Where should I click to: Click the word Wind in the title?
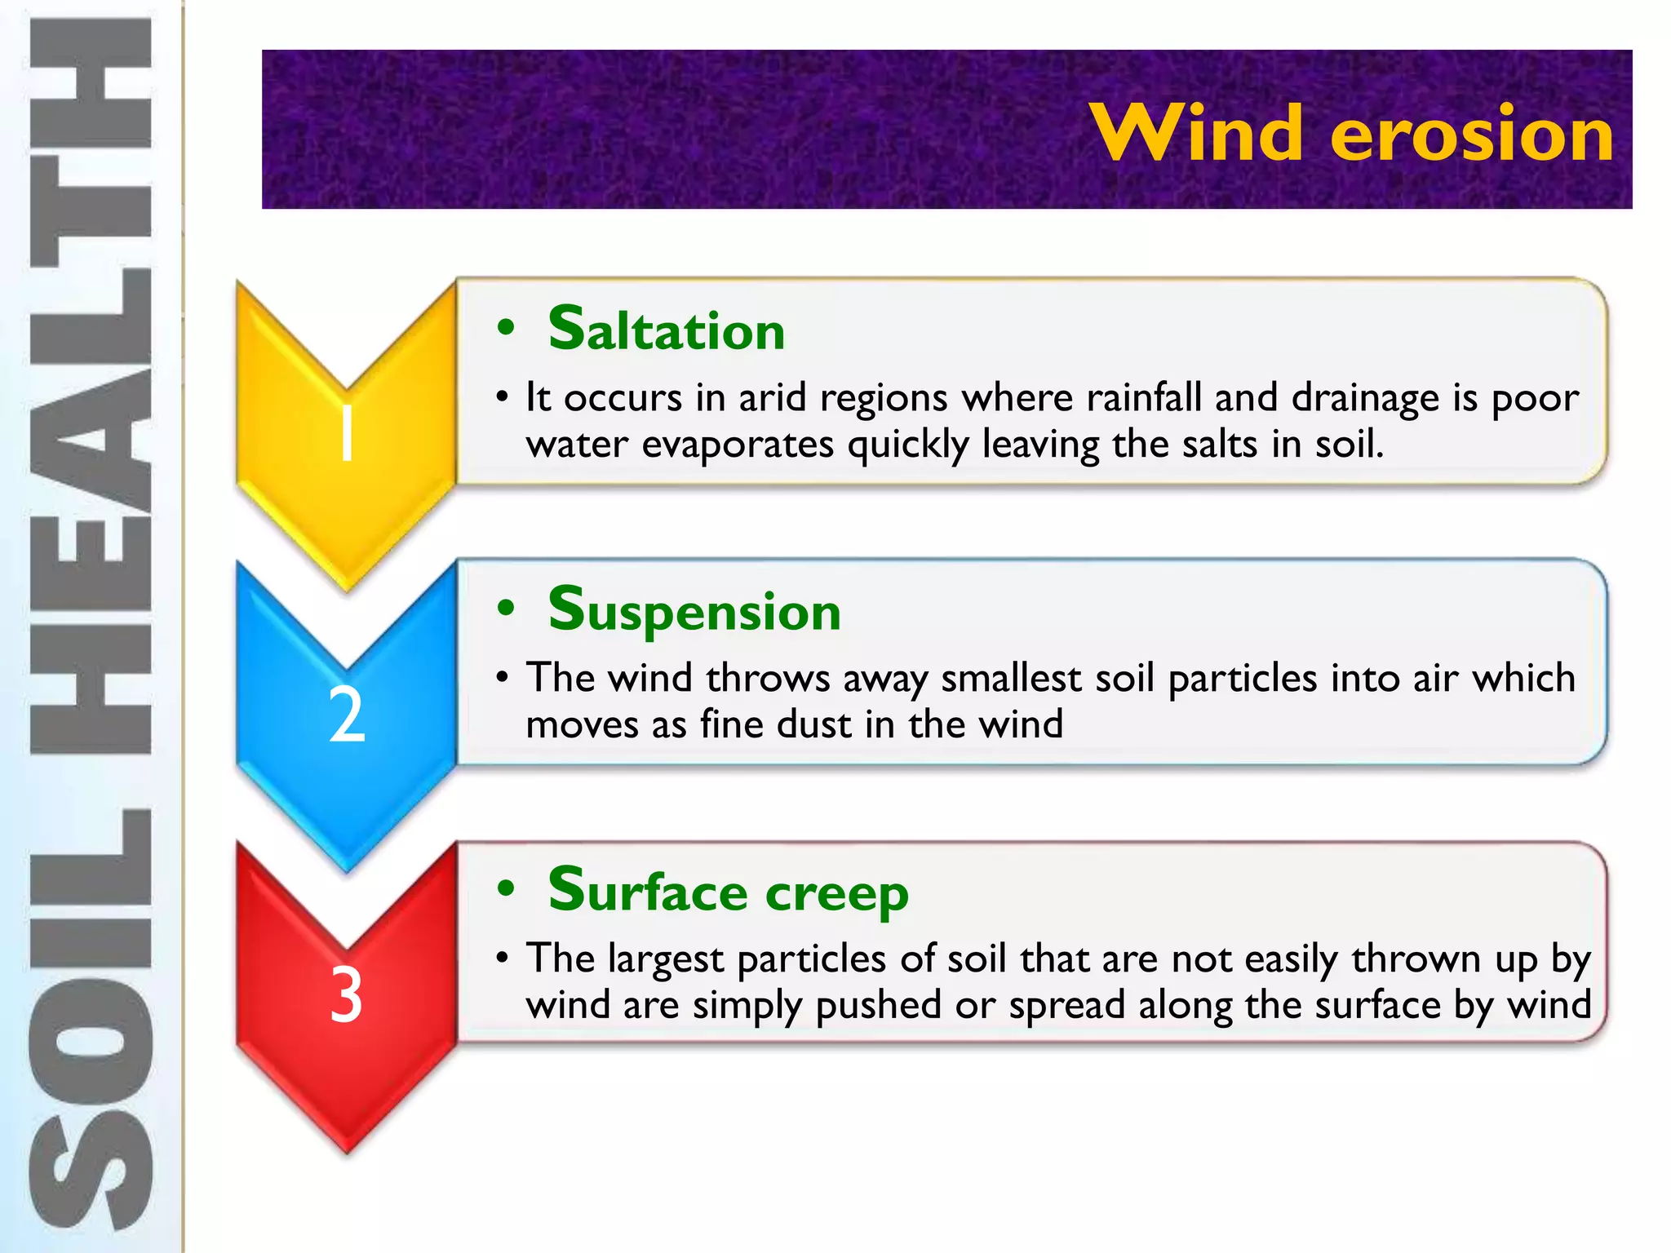(1196, 133)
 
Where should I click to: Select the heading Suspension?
(694, 610)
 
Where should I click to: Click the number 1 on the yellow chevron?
(347, 434)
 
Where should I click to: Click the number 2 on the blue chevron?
(347, 715)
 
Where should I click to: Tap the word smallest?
(1011, 679)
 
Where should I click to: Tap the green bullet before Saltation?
(506, 328)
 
